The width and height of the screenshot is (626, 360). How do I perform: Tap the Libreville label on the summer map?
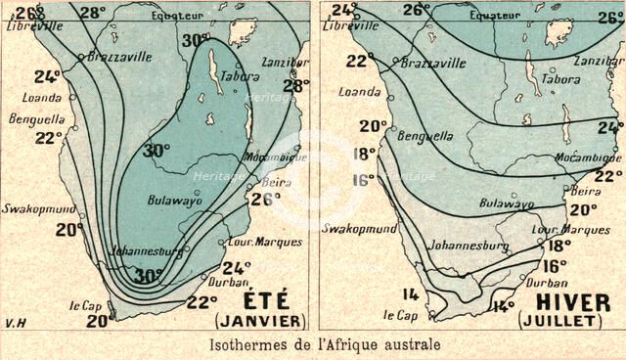[x=28, y=25]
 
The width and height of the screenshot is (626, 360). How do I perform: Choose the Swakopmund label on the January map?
[x=33, y=208]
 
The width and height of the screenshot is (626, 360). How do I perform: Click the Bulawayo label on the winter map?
[x=507, y=204]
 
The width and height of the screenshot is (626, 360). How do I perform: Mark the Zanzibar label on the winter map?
[x=598, y=61]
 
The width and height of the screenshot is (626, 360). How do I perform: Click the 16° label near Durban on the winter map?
[x=555, y=265]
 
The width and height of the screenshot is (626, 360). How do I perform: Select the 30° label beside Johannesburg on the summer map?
[x=147, y=277]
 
